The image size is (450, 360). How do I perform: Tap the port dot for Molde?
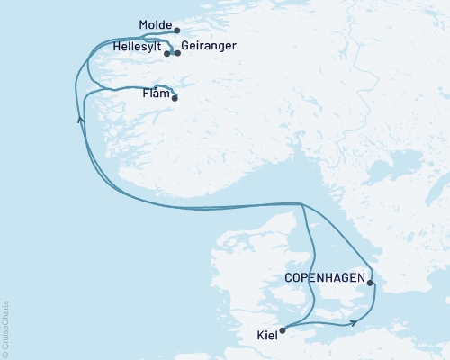point(176,30)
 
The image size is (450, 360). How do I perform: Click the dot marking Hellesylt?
point(167,54)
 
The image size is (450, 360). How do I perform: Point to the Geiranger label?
point(209,45)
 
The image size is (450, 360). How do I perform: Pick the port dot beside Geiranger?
point(177,54)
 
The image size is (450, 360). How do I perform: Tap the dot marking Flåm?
point(175,98)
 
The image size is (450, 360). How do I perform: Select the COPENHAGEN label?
point(324,277)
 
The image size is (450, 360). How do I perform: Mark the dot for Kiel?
point(283,330)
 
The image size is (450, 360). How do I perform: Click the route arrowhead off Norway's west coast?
point(81,119)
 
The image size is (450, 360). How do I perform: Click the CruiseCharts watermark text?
point(5,324)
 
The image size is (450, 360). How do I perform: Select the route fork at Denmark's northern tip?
point(301,204)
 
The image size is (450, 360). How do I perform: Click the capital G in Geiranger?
point(185,45)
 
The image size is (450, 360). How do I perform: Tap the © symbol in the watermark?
point(5,352)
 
